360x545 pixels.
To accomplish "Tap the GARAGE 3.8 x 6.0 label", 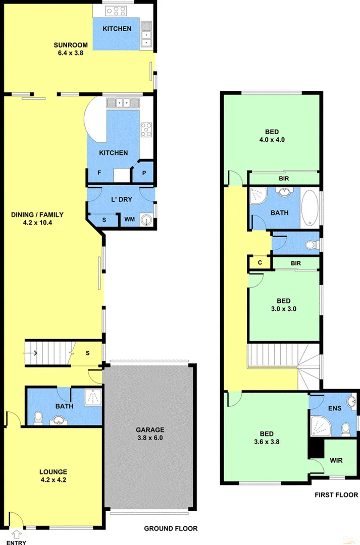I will [149, 433].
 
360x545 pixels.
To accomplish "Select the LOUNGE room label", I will [53, 475].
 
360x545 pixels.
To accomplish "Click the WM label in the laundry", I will [129, 220].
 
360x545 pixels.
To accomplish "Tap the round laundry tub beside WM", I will [146, 220].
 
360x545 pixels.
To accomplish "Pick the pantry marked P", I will [144, 173].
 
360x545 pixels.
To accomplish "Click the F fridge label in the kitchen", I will [99, 173].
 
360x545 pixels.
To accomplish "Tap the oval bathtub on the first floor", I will [311, 207].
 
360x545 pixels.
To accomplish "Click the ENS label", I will [334, 408].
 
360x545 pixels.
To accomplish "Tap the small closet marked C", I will [260, 262].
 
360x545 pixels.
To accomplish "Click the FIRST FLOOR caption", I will [335, 495].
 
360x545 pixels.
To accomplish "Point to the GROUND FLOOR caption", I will [171, 528].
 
